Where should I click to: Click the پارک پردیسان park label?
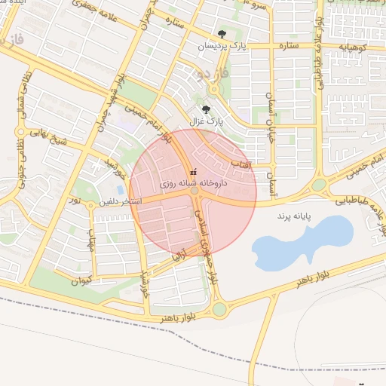coord(222,47)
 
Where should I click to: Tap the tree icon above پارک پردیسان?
coord(222,34)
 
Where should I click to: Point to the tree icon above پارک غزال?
coord(206,109)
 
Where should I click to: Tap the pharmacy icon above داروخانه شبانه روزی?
coord(194,170)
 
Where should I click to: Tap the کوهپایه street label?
coord(353,46)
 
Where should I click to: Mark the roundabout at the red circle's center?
coord(195,191)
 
